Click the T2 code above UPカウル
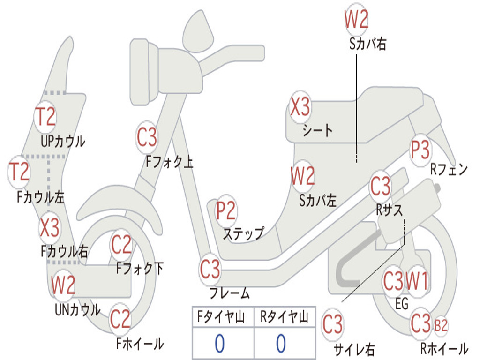click(46, 117)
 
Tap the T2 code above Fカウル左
click(20, 172)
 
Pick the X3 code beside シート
click(300, 107)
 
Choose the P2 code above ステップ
click(225, 211)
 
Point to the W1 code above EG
click(417, 281)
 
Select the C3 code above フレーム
click(210, 270)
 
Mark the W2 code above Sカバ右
click(356, 20)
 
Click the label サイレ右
click(354, 349)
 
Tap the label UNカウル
click(77, 309)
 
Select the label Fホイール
click(140, 344)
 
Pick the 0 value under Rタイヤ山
click(281, 344)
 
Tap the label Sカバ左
click(318, 201)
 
